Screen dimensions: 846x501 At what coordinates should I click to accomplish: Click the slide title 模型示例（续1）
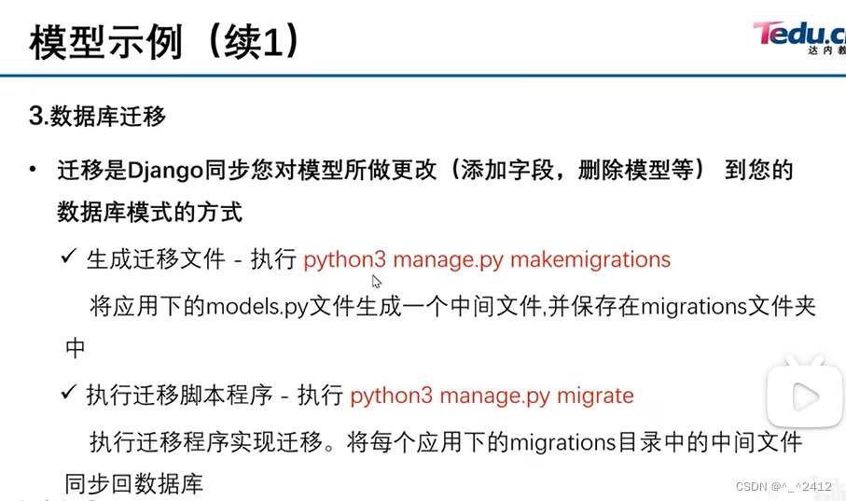[165, 42]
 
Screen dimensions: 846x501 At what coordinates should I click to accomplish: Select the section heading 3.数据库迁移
[97, 117]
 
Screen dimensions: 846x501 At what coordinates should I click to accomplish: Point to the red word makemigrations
[590, 259]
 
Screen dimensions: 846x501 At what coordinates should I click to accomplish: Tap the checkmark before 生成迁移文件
[67, 257]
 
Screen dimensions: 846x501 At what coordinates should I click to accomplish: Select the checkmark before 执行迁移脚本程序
[67, 393]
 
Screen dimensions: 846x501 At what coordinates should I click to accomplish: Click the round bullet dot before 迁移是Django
[35, 170]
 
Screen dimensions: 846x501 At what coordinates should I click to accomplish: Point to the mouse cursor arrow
[376, 281]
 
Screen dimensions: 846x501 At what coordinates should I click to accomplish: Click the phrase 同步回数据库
[133, 484]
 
